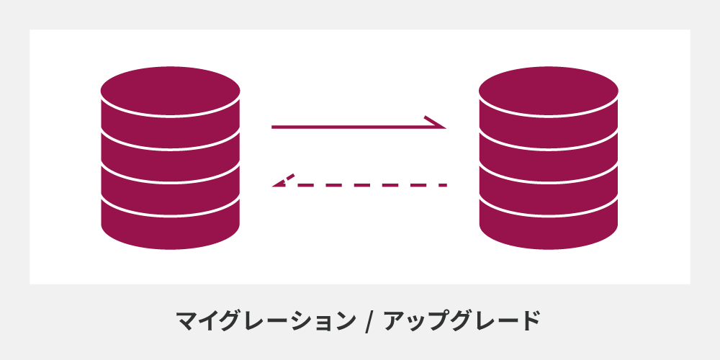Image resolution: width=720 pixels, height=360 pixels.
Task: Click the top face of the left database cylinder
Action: point(170,91)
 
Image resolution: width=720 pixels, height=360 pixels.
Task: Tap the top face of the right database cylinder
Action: point(549,91)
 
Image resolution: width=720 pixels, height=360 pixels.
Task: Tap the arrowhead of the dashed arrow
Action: point(283,181)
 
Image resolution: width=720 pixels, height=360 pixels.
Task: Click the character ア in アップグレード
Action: point(395,320)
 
